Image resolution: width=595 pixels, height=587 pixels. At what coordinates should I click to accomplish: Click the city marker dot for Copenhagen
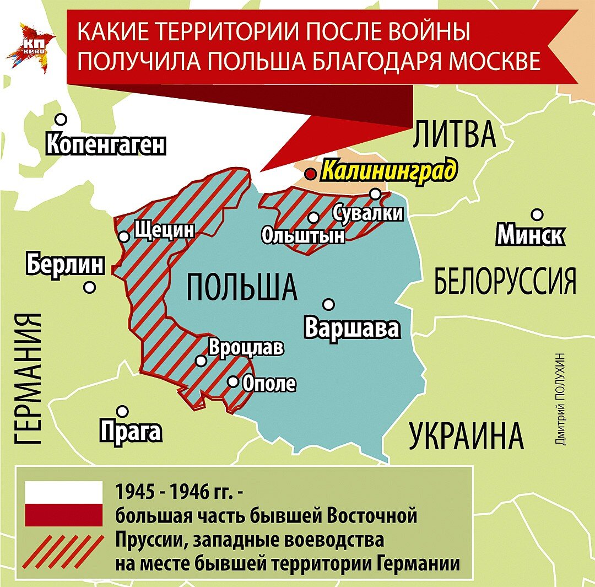[x=61, y=119]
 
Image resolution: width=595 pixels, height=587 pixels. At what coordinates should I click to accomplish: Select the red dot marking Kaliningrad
[x=311, y=174]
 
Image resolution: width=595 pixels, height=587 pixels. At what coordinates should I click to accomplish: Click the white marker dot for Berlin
[x=89, y=287]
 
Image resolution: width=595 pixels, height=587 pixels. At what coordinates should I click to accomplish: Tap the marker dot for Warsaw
[x=329, y=304]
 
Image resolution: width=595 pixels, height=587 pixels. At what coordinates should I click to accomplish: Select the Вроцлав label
[x=246, y=348]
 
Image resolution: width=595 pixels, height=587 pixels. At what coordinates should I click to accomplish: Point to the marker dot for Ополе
[x=233, y=381]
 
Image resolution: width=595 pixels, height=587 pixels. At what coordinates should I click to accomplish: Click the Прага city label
[x=131, y=431]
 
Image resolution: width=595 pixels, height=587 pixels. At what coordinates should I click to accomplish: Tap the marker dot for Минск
[x=537, y=214]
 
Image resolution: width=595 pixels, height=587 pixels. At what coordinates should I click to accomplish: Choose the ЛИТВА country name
[x=455, y=134]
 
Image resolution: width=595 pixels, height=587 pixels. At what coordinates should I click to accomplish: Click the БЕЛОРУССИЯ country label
[x=505, y=281]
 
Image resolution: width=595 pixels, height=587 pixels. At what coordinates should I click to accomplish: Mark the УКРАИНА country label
[x=466, y=436]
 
